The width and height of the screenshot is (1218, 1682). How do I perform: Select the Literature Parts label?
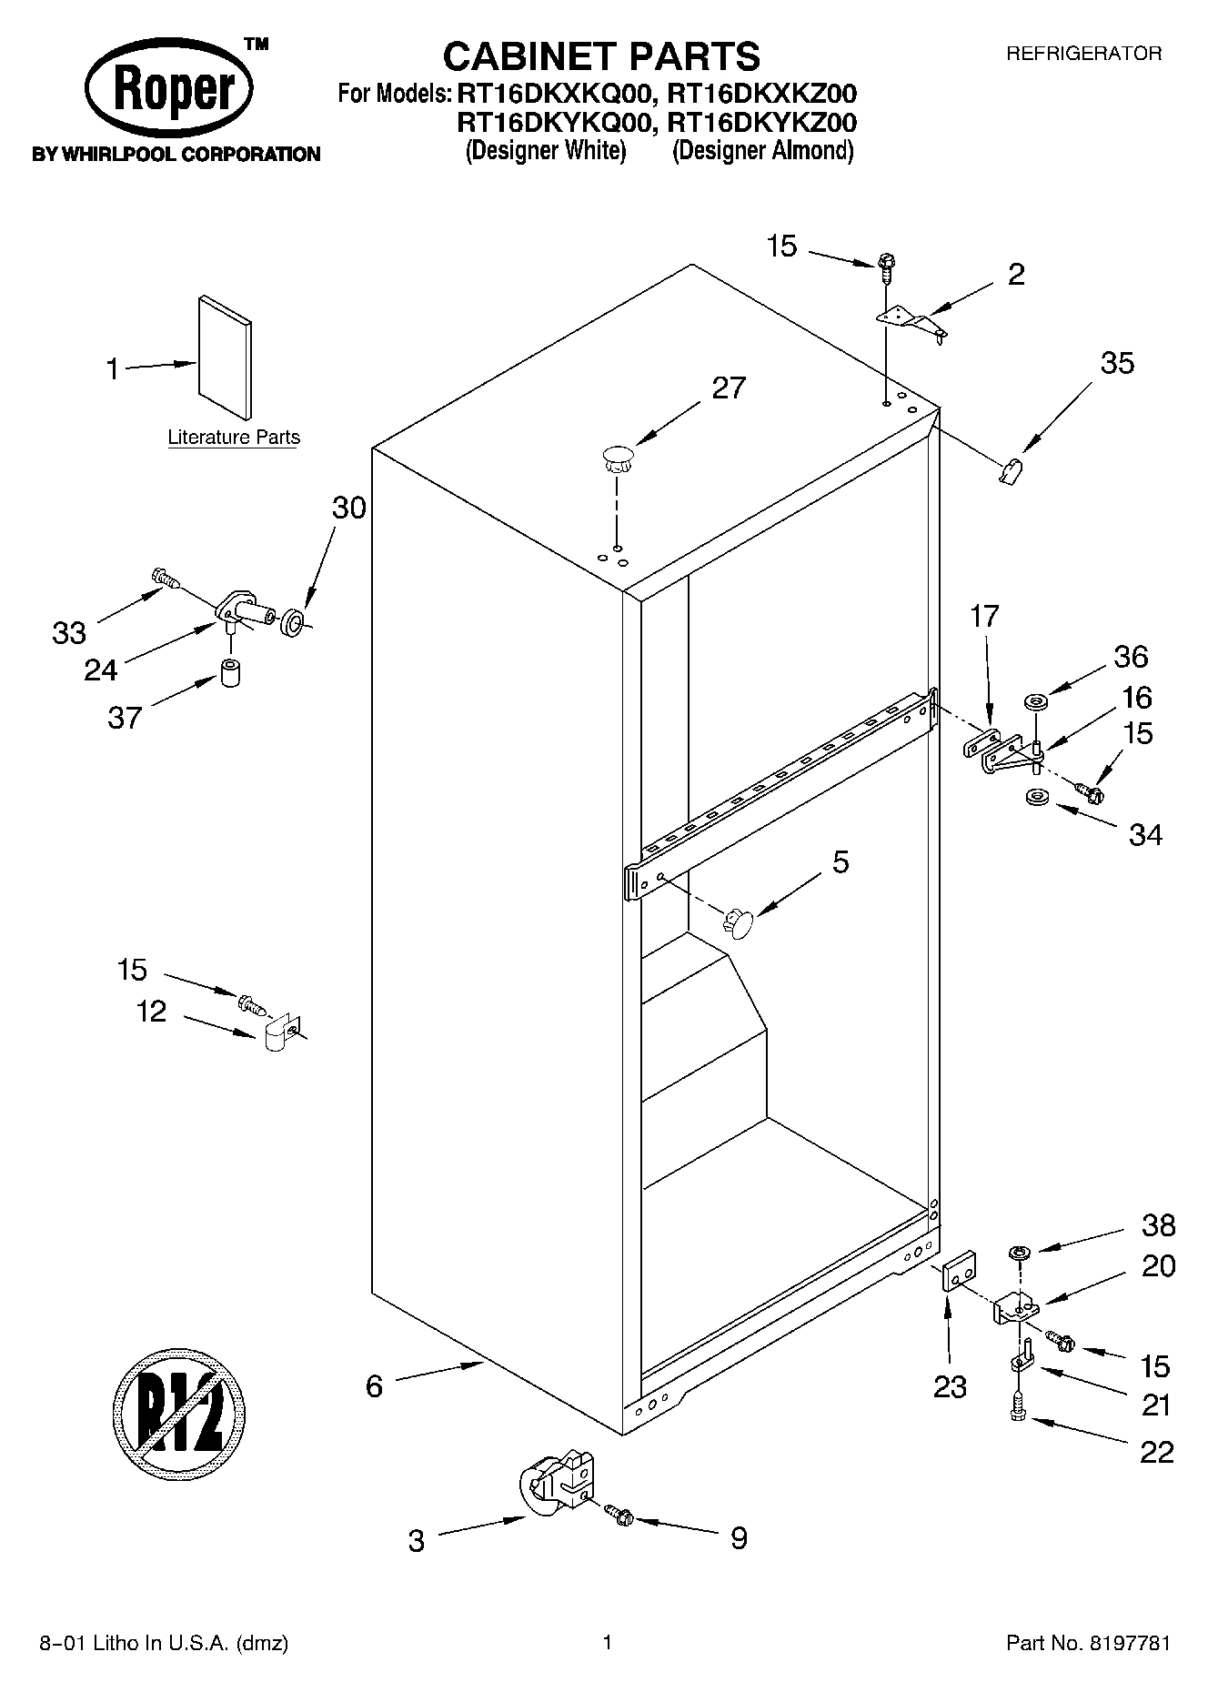point(234,438)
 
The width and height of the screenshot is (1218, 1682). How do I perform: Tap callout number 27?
point(728,388)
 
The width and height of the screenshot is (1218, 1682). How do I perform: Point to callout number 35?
point(1117,363)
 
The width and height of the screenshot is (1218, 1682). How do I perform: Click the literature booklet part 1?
point(225,358)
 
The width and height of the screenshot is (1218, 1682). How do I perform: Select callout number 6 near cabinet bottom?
point(374,1385)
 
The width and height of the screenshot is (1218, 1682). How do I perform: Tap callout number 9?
point(739,1538)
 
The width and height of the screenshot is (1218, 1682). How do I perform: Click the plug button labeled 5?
point(739,923)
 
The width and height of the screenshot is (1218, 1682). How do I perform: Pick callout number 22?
point(1156,1452)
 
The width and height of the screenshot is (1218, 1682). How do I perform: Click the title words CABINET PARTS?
point(601,56)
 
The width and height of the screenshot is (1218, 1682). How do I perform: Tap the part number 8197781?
point(1124,1643)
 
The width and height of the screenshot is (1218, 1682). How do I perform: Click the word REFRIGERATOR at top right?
point(1082,54)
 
